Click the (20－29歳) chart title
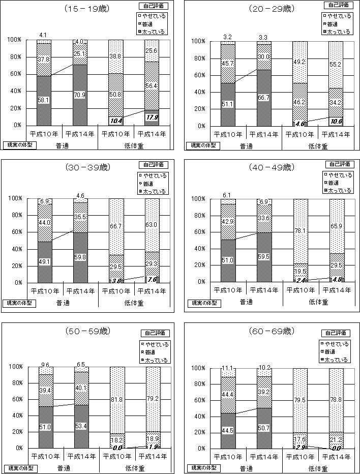[272, 9]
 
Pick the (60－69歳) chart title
[272, 331]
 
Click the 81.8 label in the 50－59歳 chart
[116, 400]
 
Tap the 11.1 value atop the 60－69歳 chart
[228, 368]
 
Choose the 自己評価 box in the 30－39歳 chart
[154, 165]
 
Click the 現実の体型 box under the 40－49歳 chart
[203, 303]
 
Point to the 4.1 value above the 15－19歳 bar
[43, 35]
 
